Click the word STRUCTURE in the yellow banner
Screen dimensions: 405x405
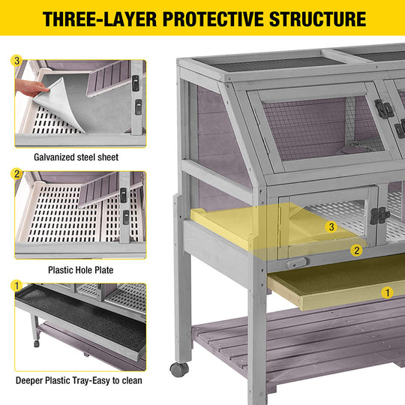click(318, 19)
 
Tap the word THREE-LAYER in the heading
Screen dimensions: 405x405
click(100, 19)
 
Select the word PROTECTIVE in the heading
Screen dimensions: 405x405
click(213, 19)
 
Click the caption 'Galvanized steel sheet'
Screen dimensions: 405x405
click(76, 157)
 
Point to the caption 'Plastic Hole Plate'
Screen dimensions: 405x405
click(81, 270)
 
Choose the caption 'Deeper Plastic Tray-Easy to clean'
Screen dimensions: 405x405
click(79, 380)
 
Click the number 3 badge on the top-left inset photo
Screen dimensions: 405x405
click(16, 61)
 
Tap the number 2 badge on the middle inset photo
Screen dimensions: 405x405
click(16, 174)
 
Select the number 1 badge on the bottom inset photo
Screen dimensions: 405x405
click(16, 286)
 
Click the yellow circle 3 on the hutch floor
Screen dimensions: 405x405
click(331, 227)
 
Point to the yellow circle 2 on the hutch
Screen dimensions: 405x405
click(356, 250)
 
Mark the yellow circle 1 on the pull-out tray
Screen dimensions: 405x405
click(387, 292)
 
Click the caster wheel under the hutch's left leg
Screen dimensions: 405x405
click(179, 369)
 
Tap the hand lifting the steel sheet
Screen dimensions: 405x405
click(31, 88)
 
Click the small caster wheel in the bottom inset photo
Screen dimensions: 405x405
click(37, 343)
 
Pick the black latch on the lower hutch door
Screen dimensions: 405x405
click(379, 215)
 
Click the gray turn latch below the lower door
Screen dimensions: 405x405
click(296, 263)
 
